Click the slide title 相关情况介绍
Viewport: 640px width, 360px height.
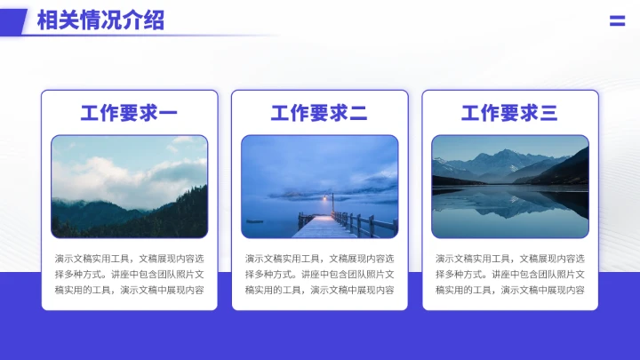pyautogui.click(x=100, y=20)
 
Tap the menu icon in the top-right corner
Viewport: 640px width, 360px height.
pyautogui.click(x=617, y=21)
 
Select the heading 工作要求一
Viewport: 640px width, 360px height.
pyautogui.click(x=129, y=113)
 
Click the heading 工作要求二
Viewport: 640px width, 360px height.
pyautogui.click(x=319, y=113)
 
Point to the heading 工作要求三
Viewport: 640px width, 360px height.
pyautogui.click(x=509, y=113)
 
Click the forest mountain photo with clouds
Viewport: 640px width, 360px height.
pyautogui.click(x=129, y=186)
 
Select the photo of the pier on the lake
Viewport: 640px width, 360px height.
pyautogui.click(x=319, y=186)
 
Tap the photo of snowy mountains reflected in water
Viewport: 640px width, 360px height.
pyautogui.click(x=509, y=186)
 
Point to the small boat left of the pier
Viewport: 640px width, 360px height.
pyautogui.click(x=255, y=220)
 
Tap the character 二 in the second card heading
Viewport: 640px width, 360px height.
pyautogui.click(x=358, y=113)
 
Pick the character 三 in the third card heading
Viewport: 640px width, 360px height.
pyautogui.click(x=548, y=113)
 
